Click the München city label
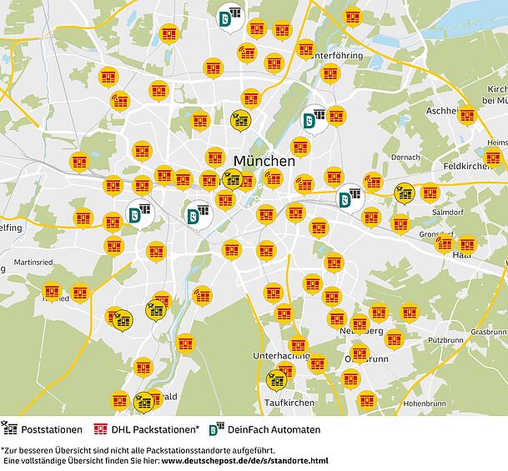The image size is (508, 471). (264, 161)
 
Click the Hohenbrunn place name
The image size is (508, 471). (403, 403)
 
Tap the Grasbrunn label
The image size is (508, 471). (487, 332)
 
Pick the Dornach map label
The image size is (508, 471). (405, 157)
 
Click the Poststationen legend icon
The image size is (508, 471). (10, 430)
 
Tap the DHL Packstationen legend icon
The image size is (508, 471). (102, 430)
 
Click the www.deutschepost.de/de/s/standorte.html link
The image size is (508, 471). (244, 460)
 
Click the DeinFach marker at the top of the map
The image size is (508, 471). (227, 18)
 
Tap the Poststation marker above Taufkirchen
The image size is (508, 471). (276, 381)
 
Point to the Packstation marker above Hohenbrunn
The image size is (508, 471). (367, 400)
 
